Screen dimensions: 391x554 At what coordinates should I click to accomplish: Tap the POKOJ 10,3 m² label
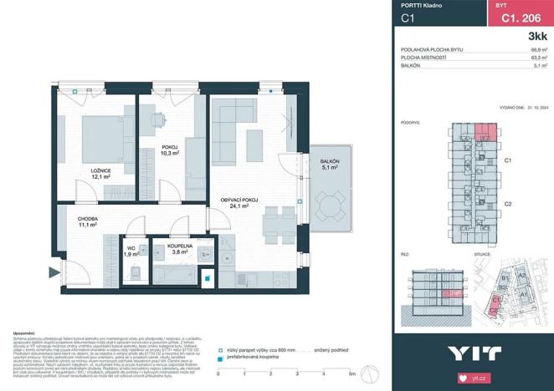coord(171,152)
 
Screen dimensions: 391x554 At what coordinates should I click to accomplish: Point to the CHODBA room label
coord(83,221)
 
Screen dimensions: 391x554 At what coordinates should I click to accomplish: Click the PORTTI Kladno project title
coord(421,6)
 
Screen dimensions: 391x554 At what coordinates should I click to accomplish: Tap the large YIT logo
coord(474,352)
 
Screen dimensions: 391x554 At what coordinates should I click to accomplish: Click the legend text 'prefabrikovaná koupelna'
coord(255,359)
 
